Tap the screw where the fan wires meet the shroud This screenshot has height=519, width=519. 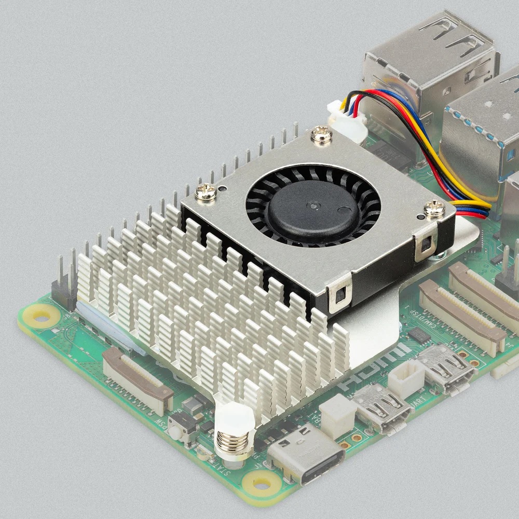coord(434,209)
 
